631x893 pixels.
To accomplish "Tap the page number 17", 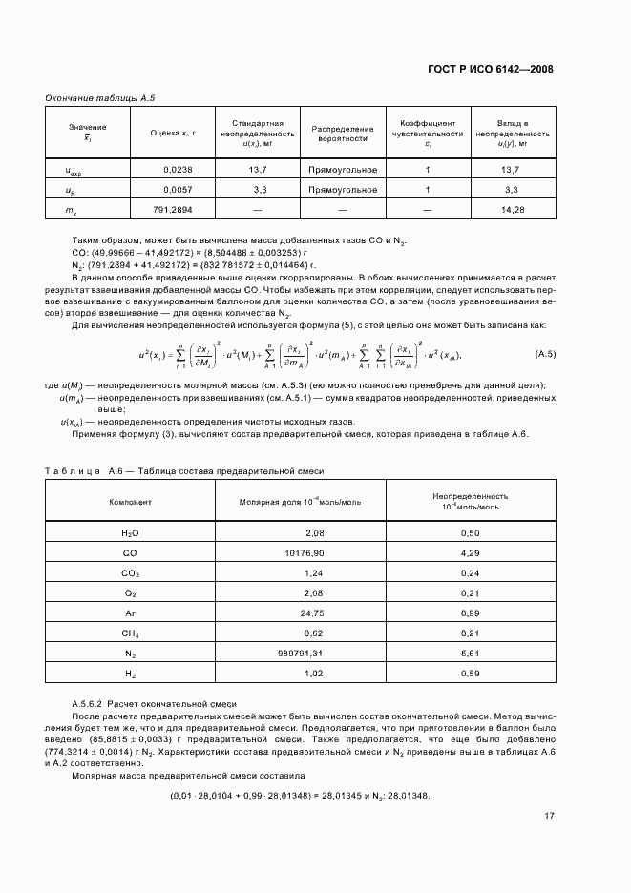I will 549,816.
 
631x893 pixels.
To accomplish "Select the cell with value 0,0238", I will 179,170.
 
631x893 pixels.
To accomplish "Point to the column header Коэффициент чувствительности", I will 428,134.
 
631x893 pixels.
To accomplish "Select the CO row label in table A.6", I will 130,552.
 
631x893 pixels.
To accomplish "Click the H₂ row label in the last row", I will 130,674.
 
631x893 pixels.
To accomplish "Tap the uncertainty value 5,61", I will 469,654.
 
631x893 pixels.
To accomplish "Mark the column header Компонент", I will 130,501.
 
